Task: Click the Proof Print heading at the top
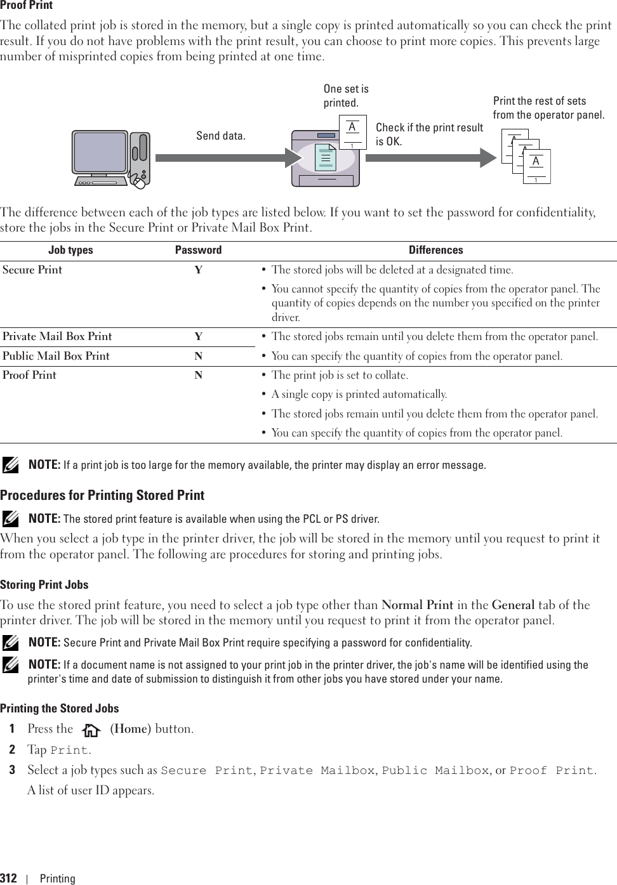[x=26, y=5]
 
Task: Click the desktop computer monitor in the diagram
[x=100, y=155]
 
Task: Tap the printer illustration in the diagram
[x=325, y=159]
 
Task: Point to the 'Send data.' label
[x=220, y=136]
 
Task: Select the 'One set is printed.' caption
[x=346, y=96]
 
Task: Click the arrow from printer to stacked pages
[x=430, y=158]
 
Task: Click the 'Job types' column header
[x=70, y=250]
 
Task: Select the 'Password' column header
[x=198, y=250]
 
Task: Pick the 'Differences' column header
[x=435, y=250]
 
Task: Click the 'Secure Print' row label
[x=32, y=270]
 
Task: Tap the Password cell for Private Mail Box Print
[x=199, y=337]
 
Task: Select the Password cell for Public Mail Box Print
[x=199, y=356]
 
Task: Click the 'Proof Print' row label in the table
[x=29, y=375]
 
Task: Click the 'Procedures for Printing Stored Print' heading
[x=102, y=495]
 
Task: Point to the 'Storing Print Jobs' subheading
[x=44, y=585]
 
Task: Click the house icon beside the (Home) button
[x=91, y=730]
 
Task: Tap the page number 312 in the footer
[x=9, y=878]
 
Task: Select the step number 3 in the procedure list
[x=12, y=770]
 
